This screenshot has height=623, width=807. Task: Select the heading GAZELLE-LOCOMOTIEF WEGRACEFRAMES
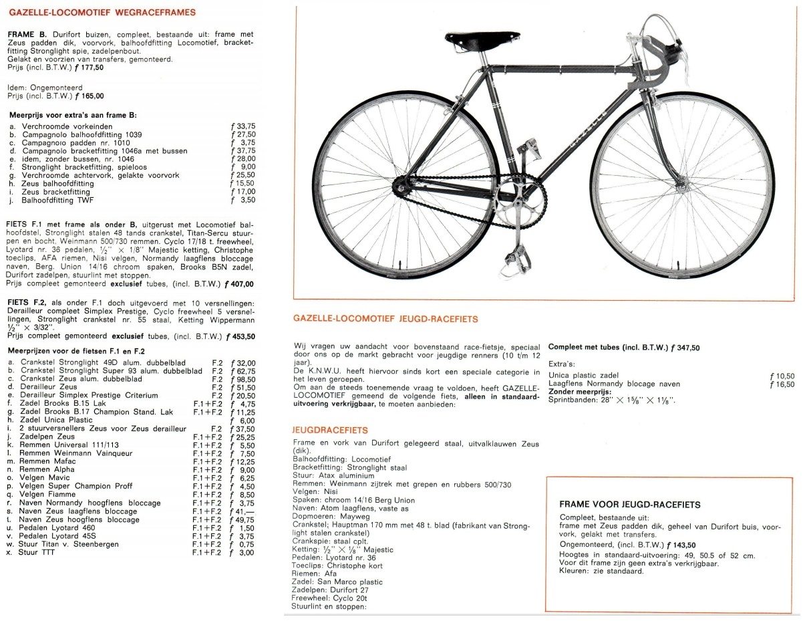tap(102, 12)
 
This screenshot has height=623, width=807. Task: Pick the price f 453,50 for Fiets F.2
tap(240, 336)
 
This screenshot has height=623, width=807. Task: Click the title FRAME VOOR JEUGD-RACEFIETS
tap(629, 505)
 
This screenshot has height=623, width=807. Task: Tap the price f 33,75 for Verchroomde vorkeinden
tap(242, 126)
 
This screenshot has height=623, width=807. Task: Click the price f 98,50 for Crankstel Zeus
tap(242, 379)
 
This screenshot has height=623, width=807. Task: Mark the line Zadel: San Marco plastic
tap(337, 582)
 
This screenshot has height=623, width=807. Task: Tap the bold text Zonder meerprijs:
tap(580, 392)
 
